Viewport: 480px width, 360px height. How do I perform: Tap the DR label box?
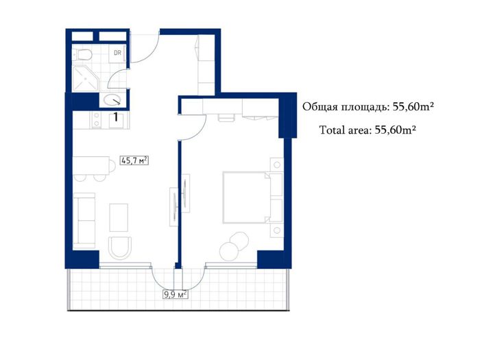tap(117, 53)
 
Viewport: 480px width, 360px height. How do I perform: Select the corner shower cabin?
tap(86, 78)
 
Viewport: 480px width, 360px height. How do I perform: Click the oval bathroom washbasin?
tap(112, 100)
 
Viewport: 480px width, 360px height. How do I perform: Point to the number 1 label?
tap(116, 117)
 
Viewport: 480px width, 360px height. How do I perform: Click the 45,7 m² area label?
tap(134, 160)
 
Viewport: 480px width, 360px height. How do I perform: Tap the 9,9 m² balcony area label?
tap(176, 295)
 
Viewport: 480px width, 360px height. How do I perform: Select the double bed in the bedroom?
tap(246, 197)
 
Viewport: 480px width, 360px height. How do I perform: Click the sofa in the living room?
tap(84, 220)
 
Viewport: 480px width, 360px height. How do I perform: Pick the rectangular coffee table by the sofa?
tap(119, 217)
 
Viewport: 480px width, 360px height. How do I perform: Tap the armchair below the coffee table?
tap(120, 248)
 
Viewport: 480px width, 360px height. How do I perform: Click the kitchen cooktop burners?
tap(97, 120)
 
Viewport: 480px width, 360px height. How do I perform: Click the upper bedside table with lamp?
tap(277, 165)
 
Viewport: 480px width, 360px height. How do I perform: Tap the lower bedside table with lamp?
tap(277, 230)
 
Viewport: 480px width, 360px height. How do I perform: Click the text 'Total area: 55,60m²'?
tap(368, 130)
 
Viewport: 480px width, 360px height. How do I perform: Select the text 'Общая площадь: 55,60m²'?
tap(368, 106)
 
